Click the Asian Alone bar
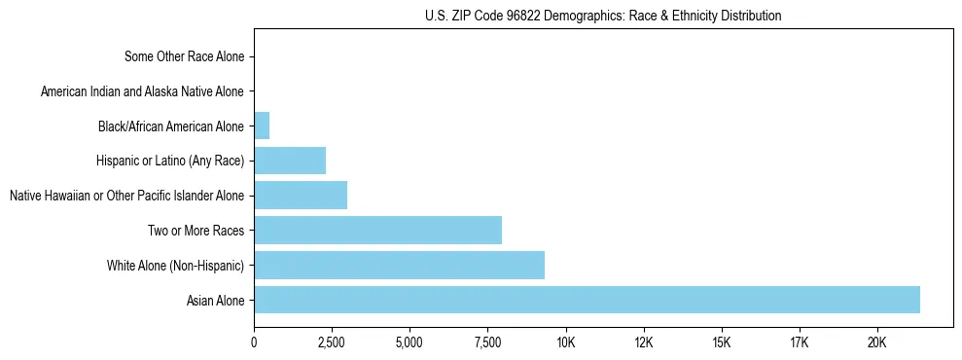click(x=587, y=300)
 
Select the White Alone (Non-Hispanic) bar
click(x=399, y=265)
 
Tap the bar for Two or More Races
click(x=377, y=231)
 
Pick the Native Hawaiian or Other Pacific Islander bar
click(x=301, y=196)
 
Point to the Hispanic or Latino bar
click(x=290, y=161)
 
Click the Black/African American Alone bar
click(x=262, y=126)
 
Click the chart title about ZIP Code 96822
click(x=603, y=16)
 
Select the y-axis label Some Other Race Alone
click(x=185, y=56)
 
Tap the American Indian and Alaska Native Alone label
click(x=142, y=91)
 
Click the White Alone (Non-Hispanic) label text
click(x=176, y=266)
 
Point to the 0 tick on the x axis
click(x=254, y=343)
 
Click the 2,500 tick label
click(x=332, y=343)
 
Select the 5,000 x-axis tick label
click(x=410, y=343)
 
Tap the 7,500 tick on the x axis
click(x=487, y=343)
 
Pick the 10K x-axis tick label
click(x=565, y=343)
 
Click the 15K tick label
click(x=721, y=343)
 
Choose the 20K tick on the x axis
click(x=877, y=343)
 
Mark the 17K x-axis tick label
click(x=799, y=343)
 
